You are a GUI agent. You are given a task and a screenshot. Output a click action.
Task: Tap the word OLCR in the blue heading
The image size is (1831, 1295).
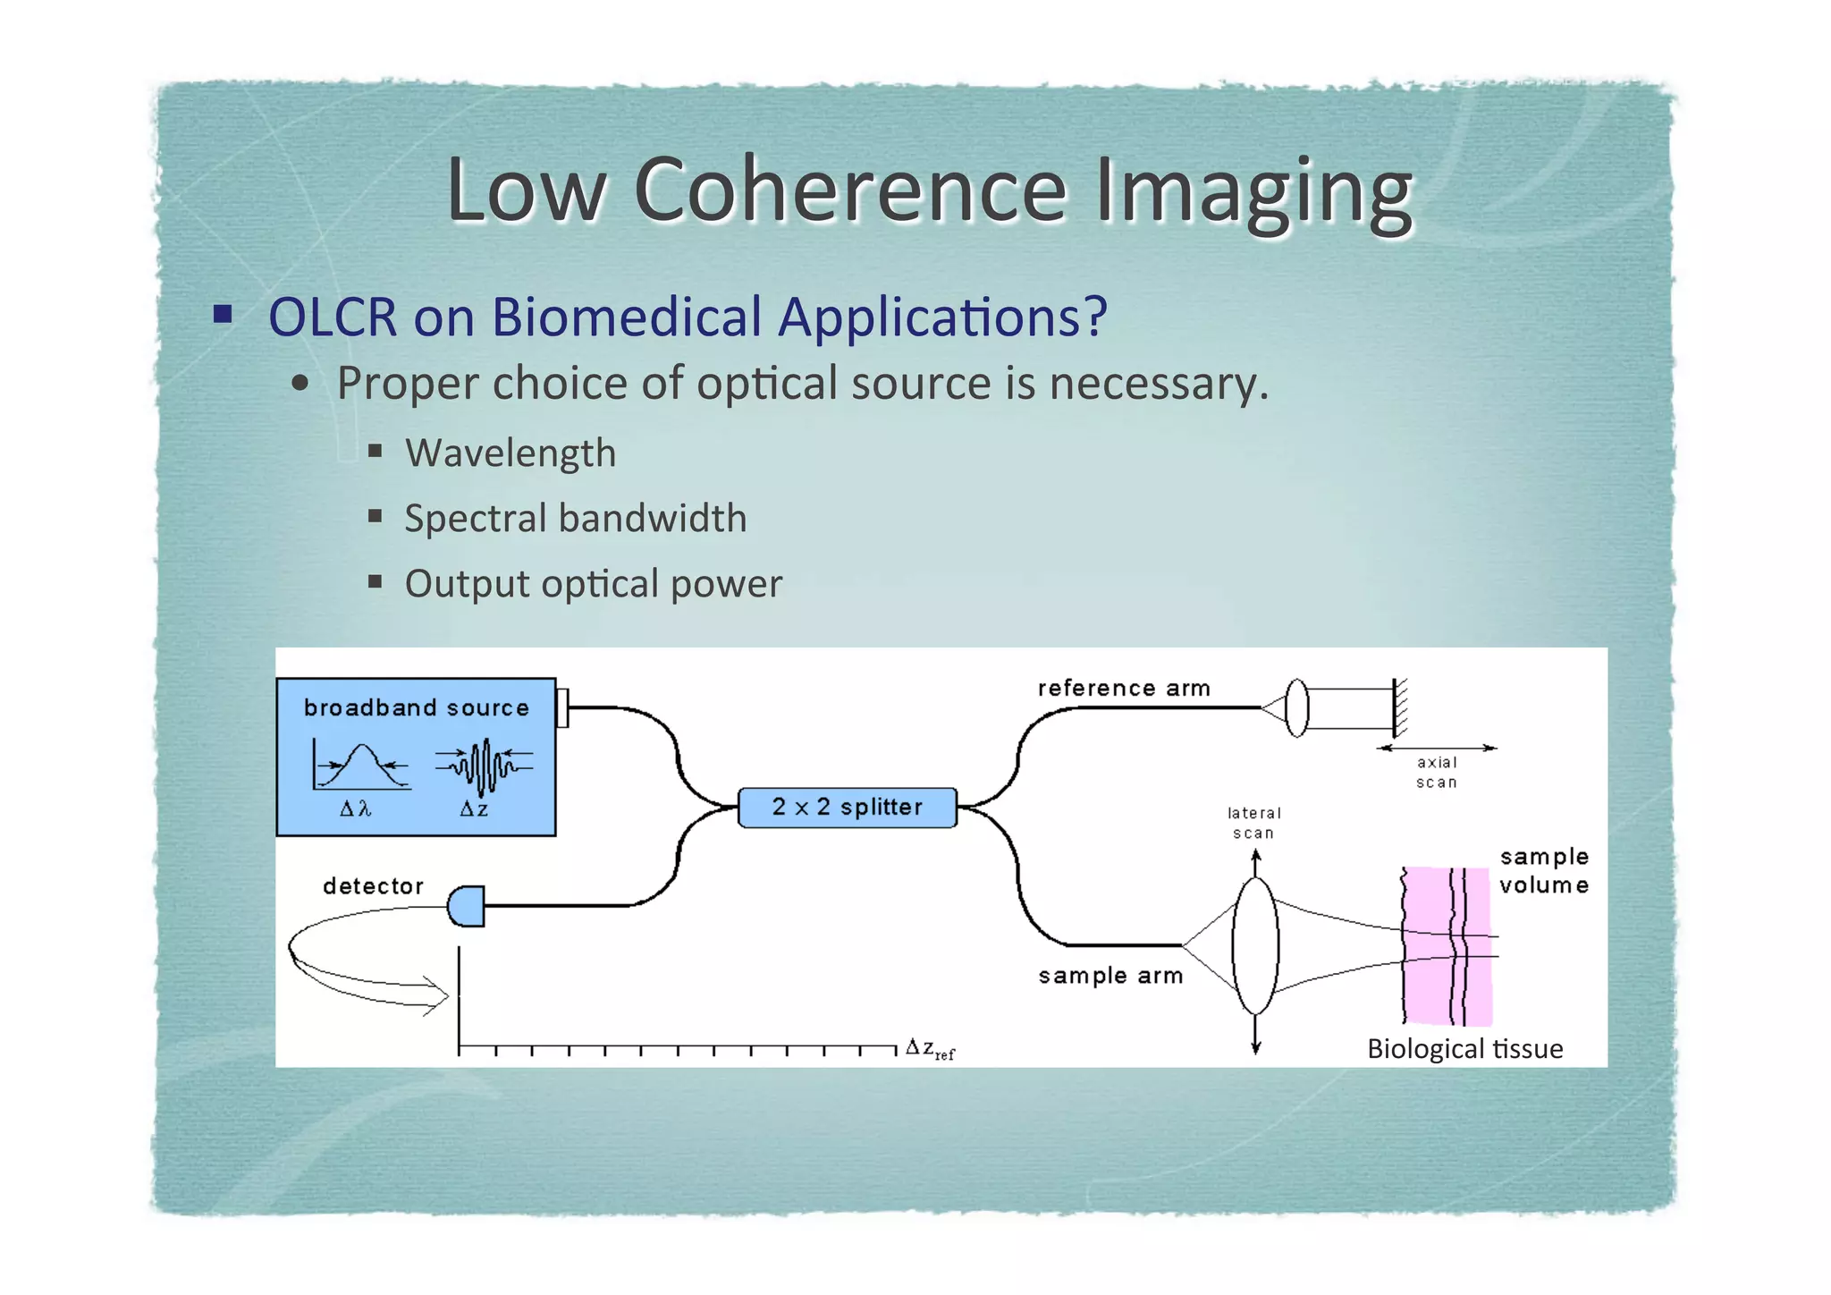tap(333, 317)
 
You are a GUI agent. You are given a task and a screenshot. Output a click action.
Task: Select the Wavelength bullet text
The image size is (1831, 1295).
tap(510, 453)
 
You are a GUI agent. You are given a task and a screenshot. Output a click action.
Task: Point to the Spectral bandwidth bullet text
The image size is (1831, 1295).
tap(575, 519)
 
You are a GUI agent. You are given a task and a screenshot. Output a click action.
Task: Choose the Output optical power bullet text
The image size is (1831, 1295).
tap(593, 584)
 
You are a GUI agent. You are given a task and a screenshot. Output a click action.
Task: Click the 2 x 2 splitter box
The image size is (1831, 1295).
tap(847, 808)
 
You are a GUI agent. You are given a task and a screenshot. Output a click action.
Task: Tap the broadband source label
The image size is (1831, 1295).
tap(416, 707)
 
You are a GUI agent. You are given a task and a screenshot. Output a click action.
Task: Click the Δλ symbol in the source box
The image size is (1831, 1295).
tap(355, 809)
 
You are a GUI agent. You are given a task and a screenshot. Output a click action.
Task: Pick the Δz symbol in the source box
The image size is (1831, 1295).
tap(474, 809)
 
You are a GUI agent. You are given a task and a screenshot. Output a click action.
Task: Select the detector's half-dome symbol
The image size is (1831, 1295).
tap(467, 906)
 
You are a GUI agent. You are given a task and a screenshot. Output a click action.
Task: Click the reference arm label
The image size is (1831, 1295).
tap(1124, 688)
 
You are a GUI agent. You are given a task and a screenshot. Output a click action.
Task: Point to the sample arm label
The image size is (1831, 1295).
tap(1110, 976)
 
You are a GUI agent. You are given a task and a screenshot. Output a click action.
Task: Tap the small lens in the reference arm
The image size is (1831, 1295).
tap(1296, 707)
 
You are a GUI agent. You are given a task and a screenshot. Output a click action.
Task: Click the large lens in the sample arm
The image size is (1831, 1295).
tap(1255, 945)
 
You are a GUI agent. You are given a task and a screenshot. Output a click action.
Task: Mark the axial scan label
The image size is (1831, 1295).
tap(1437, 772)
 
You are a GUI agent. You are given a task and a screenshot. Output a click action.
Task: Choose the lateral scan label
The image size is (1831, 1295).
tap(1253, 823)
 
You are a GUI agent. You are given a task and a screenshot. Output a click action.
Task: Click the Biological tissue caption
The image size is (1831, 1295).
tap(1464, 1048)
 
